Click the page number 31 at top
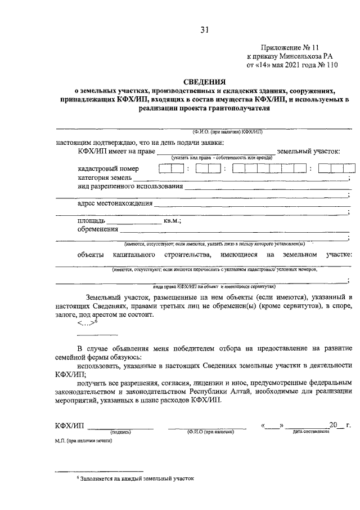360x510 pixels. tap(205, 30)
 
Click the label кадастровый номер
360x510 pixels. tap(108, 168)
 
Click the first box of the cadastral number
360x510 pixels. tap(164, 168)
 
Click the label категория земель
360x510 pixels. tap(105, 178)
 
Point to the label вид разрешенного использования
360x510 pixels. tap(130, 187)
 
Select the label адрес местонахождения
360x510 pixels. tap(115, 203)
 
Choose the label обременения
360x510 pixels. tap(98, 229)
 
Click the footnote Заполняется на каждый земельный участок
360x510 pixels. tap(137, 478)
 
